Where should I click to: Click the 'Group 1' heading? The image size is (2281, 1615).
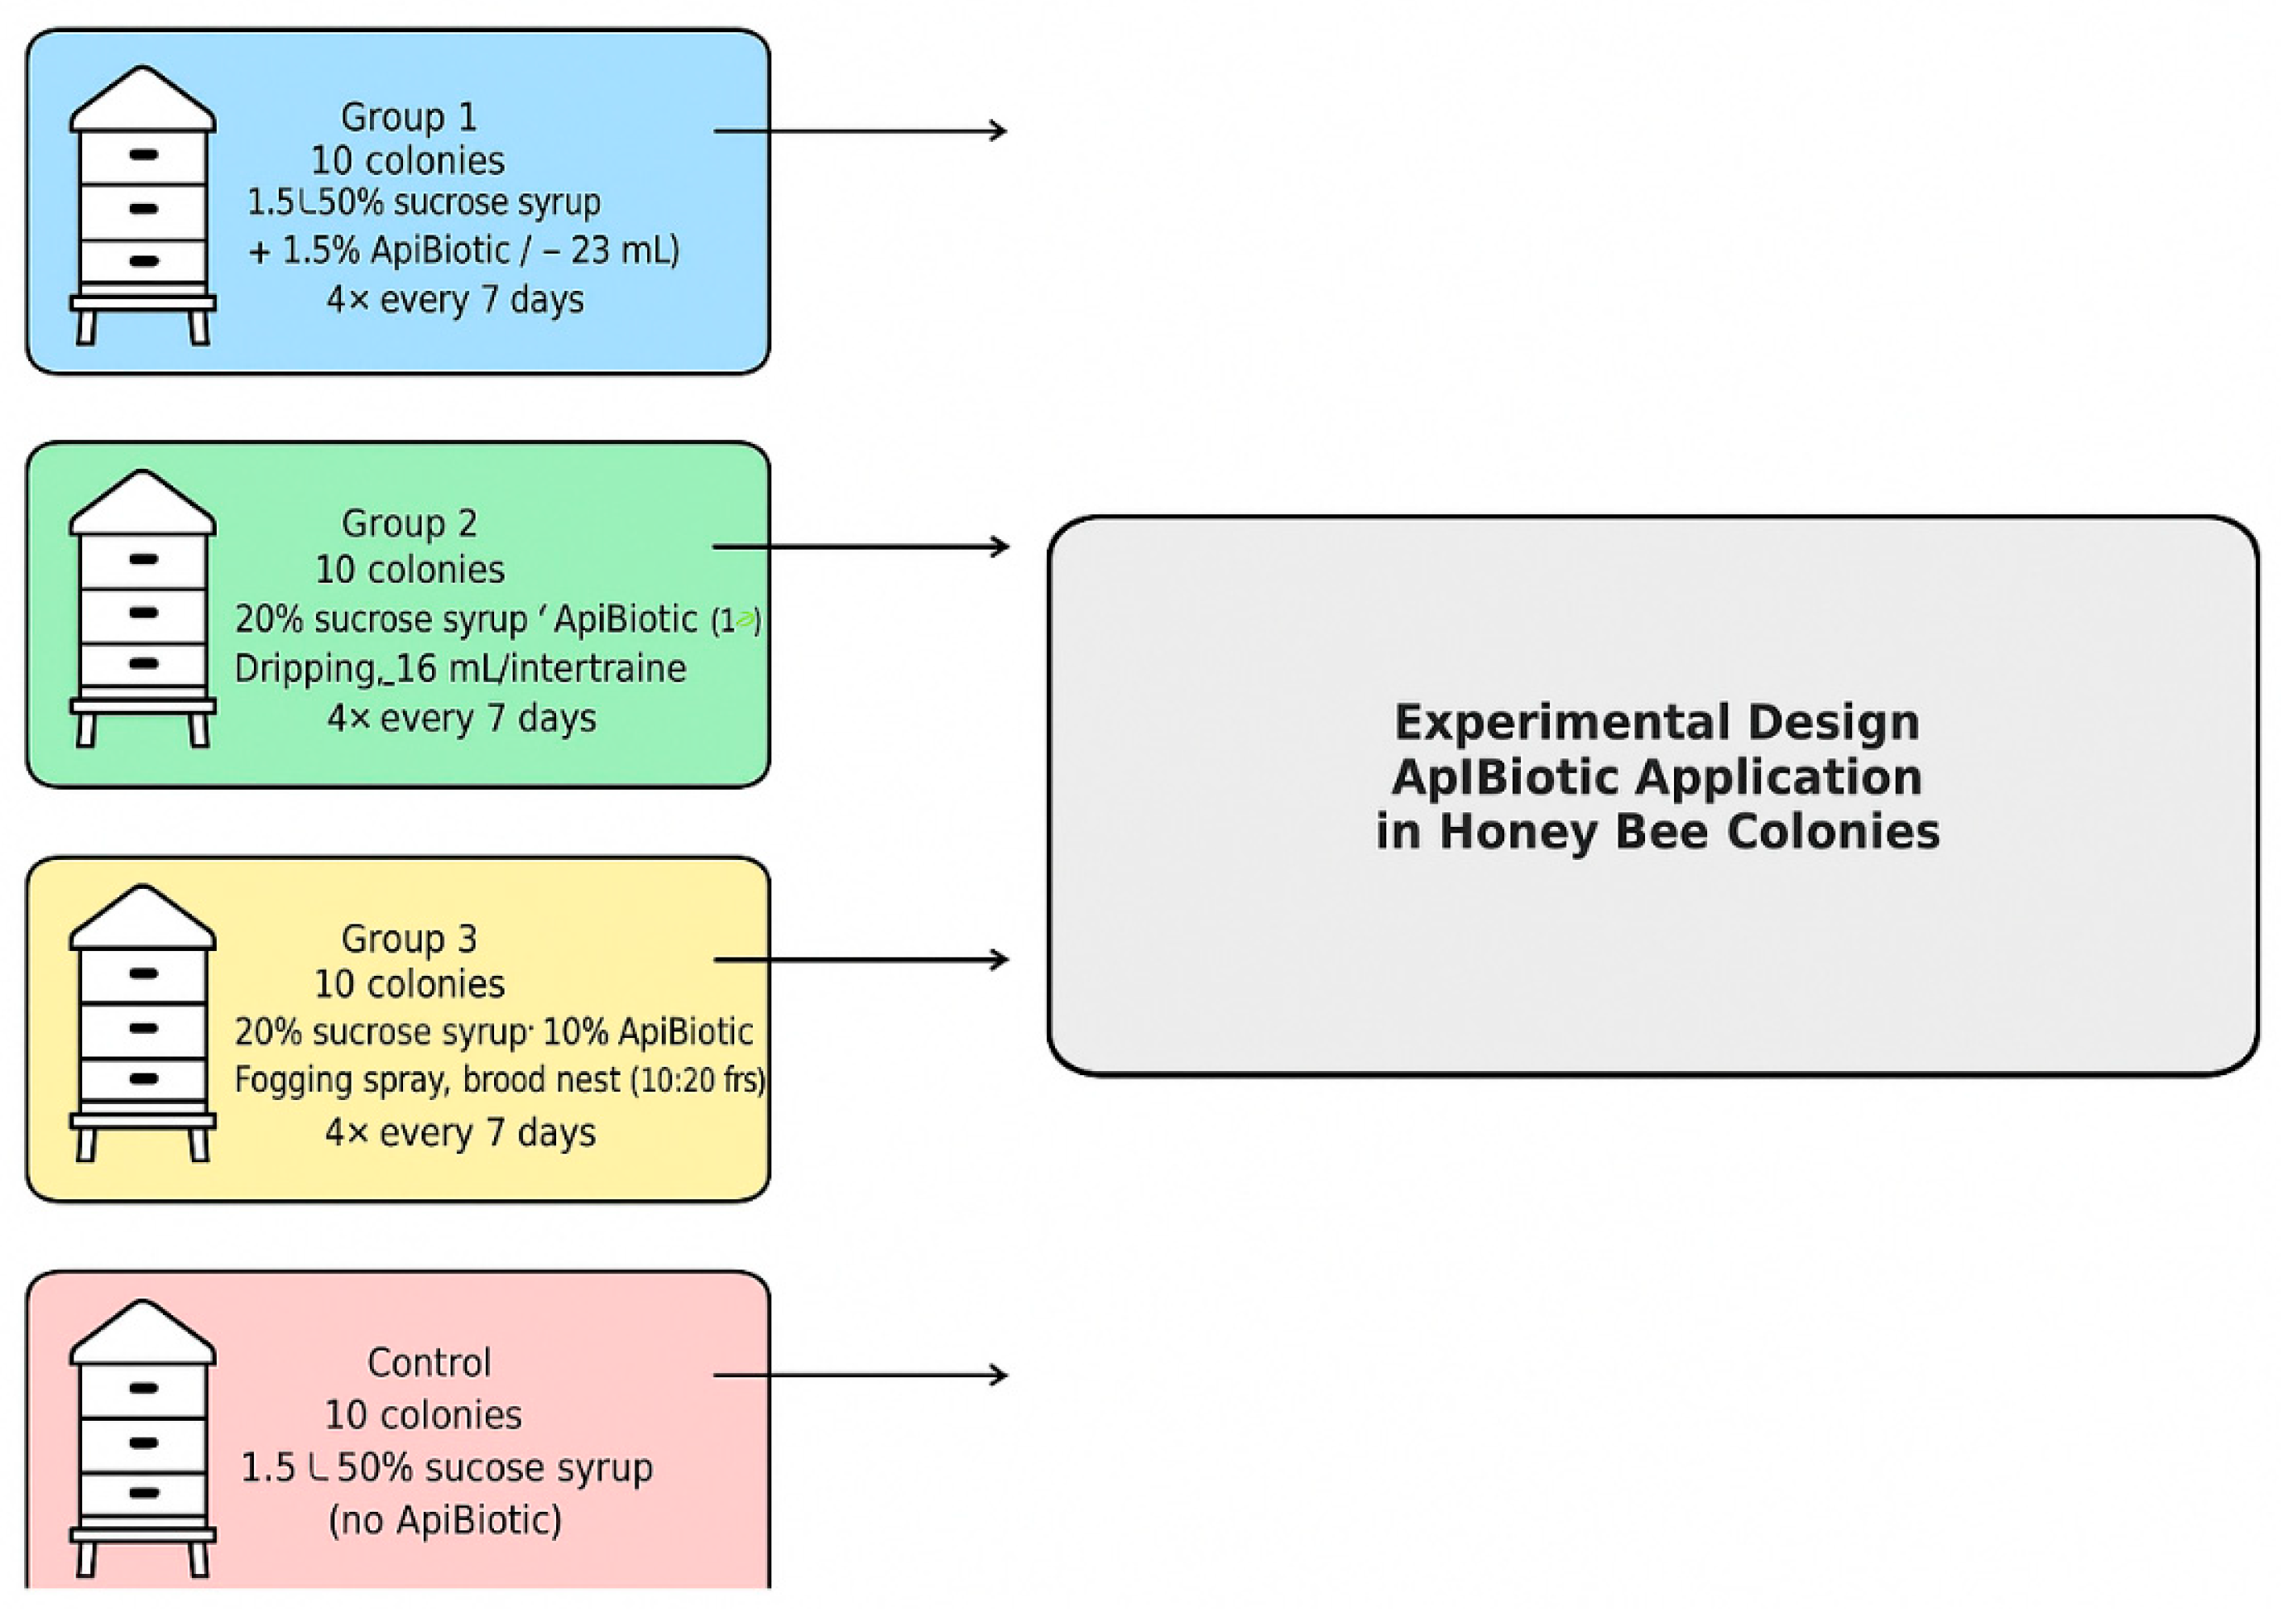(409, 118)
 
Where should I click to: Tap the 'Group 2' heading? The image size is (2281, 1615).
(409, 523)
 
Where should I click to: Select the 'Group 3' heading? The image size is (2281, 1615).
(409, 938)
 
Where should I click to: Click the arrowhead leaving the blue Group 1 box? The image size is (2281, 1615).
(997, 131)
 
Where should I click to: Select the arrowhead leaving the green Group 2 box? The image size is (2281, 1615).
(999, 546)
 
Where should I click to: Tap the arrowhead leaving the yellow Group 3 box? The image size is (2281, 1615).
(999, 960)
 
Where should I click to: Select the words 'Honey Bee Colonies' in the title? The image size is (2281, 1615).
(1689, 832)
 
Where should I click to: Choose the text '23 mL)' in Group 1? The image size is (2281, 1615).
(625, 250)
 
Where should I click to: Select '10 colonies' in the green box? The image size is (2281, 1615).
(409, 570)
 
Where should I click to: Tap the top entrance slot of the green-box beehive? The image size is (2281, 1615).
(143, 560)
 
